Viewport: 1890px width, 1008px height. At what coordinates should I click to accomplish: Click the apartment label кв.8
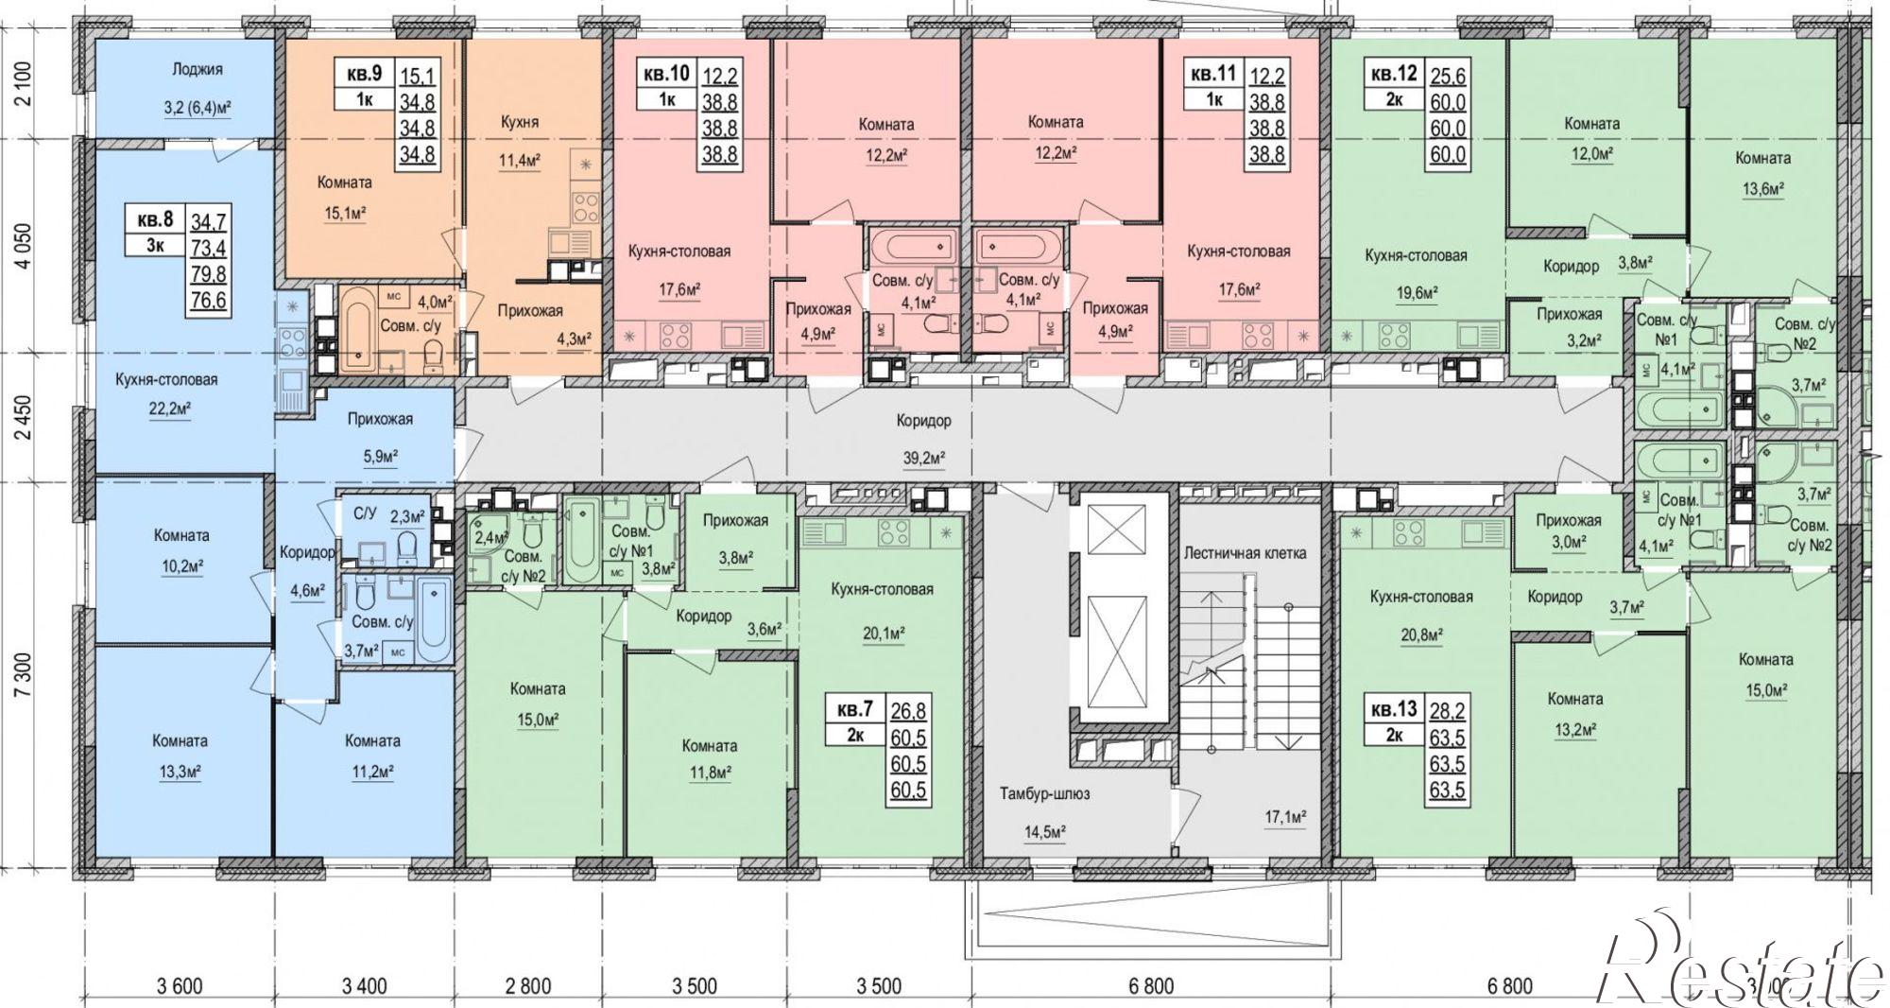pos(156,219)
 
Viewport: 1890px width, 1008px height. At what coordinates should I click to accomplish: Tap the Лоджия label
pos(198,69)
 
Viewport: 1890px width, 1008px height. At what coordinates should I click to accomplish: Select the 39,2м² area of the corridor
pos(922,459)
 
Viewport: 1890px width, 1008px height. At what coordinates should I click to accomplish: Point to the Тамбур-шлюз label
pos(1044,793)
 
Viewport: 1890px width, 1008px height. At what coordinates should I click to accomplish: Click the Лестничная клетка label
pos(1245,552)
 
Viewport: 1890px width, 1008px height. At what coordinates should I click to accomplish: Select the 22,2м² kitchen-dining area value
pos(166,409)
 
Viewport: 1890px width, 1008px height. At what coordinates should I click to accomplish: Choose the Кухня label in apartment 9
pos(520,122)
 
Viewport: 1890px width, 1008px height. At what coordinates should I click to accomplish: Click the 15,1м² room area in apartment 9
pos(344,213)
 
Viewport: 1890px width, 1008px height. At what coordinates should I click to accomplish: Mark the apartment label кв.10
pos(667,73)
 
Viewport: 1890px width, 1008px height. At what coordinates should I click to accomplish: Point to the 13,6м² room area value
pos(1761,189)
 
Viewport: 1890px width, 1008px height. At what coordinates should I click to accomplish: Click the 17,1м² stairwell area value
pos(1284,815)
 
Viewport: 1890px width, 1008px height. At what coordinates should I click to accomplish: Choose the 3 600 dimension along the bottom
pos(180,986)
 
